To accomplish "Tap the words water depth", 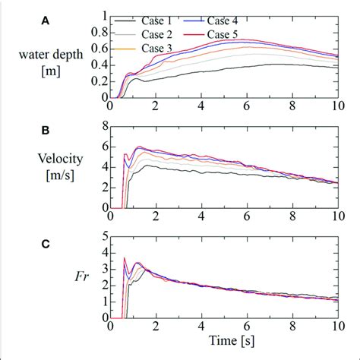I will click(x=58, y=54).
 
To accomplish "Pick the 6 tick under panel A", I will click(x=247, y=108).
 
